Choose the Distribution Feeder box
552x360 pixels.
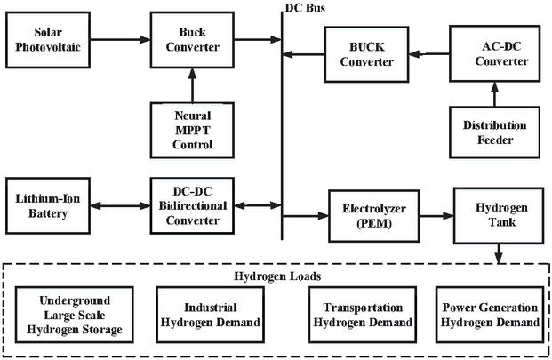(x=492, y=132)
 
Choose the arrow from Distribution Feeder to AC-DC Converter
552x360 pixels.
(x=492, y=92)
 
